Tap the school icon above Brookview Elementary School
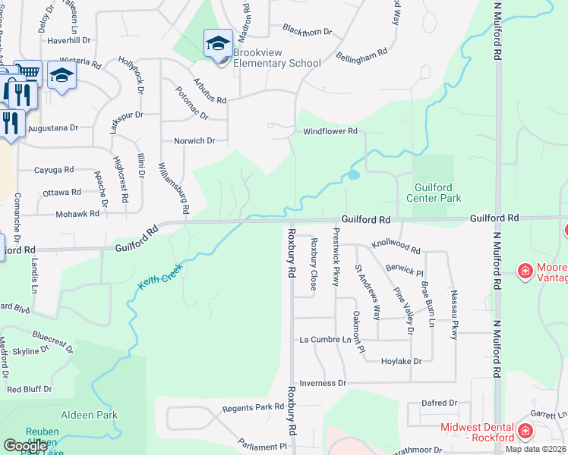[217, 42]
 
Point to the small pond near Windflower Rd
[353, 175]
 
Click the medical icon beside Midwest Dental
[525, 432]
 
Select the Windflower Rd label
[330, 131]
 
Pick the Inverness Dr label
[322, 384]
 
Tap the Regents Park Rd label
[253, 408]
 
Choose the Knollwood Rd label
[396, 247]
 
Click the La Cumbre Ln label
[326, 340]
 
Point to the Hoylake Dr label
[401, 362]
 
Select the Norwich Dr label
[194, 141]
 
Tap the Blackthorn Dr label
[307, 32]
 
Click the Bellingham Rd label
[361, 55]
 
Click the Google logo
[25, 446]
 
